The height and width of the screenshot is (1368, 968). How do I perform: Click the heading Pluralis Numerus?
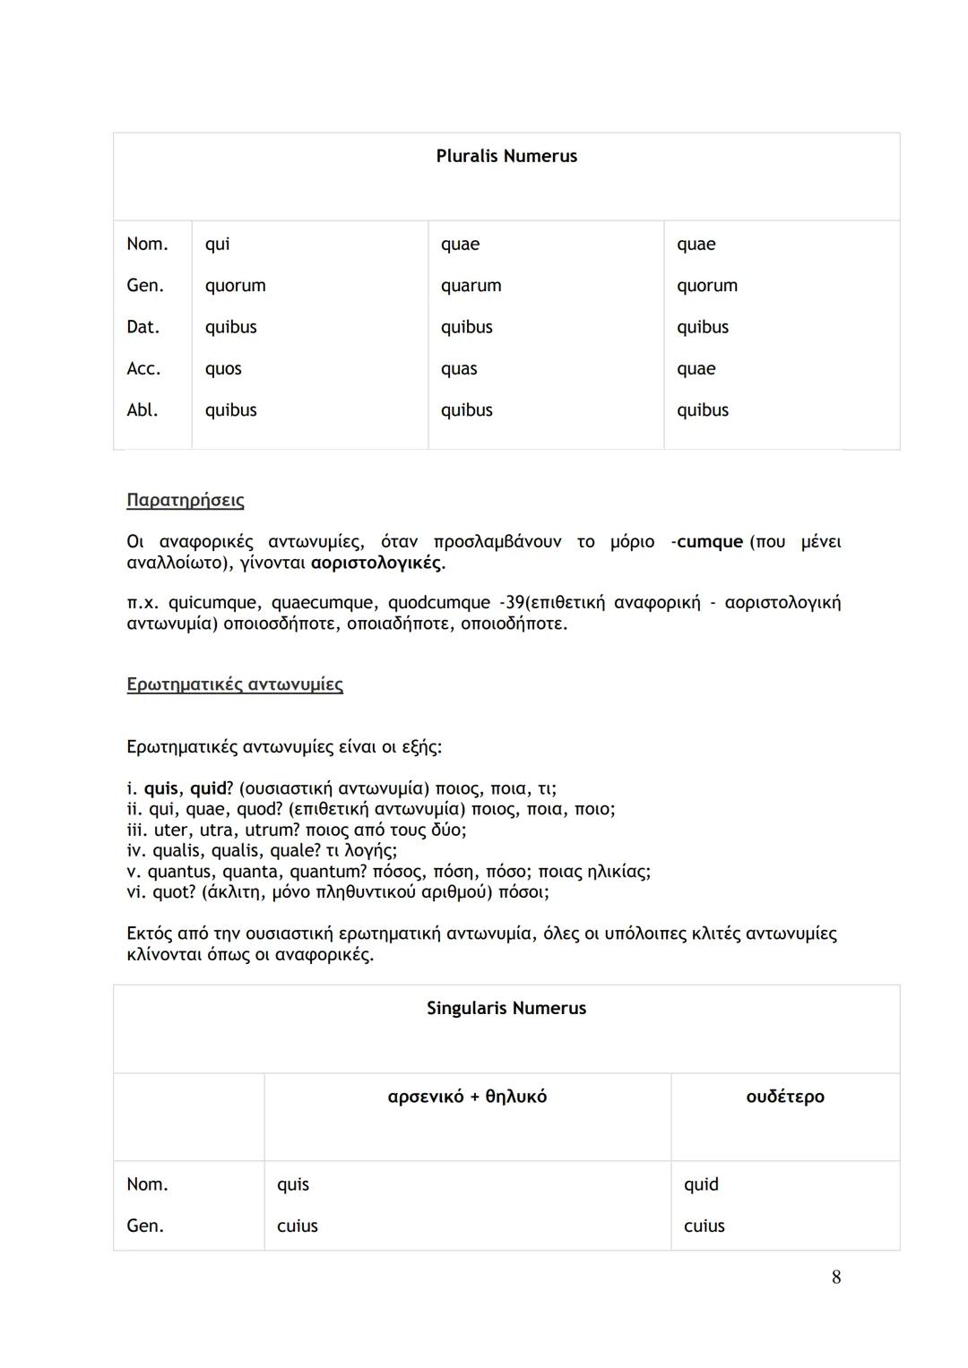506,156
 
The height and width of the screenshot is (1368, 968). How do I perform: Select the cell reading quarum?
471,286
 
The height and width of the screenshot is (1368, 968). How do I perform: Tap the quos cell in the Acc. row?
223,369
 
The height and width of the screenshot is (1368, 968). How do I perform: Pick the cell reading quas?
459,369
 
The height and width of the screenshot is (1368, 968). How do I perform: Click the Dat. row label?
143,327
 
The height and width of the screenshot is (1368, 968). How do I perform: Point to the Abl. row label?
143,410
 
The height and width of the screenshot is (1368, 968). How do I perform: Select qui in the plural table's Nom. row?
217,245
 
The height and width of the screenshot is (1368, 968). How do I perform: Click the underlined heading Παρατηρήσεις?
186,500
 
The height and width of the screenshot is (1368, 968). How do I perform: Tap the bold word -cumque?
707,542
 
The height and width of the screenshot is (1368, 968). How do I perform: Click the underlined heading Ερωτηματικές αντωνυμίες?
235,684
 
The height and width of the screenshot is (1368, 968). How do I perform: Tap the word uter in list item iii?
171,830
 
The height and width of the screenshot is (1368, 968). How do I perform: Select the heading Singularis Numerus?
506,1008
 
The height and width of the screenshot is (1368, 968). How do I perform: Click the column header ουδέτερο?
785,1097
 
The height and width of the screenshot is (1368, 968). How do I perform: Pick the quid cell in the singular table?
701,1184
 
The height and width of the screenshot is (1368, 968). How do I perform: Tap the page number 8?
836,1278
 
